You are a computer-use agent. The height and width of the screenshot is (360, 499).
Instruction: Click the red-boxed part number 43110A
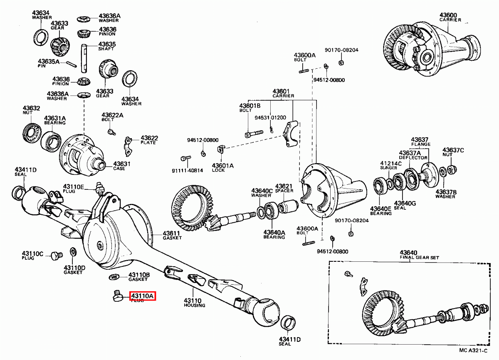[143, 296]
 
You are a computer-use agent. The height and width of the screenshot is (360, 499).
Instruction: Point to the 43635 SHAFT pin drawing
[84, 57]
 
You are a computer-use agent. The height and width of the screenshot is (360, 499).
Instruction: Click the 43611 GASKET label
[171, 236]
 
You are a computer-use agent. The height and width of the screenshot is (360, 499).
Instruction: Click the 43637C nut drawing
[453, 169]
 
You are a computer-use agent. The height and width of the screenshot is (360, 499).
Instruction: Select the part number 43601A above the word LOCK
[223, 165]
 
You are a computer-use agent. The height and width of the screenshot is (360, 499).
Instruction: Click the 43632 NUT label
[31, 111]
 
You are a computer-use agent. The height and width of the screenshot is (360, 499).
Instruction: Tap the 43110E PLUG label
[74, 189]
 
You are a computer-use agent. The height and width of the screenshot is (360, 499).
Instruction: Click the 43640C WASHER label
[262, 193]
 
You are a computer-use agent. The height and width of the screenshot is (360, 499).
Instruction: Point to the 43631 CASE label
[122, 166]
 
